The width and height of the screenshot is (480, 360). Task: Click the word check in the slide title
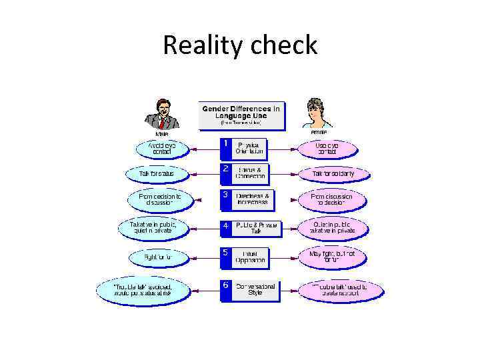(x=285, y=45)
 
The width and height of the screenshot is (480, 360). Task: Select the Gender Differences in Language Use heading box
(x=241, y=115)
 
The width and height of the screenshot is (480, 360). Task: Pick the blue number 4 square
(x=226, y=226)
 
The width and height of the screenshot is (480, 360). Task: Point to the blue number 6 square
(x=226, y=285)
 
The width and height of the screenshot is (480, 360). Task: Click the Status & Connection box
(x=251, y=174)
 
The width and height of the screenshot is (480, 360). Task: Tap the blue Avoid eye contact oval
(x=162, y=148)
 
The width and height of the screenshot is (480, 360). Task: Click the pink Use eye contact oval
(x=327, y=148)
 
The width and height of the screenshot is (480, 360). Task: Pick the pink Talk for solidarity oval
(x=333, y=174)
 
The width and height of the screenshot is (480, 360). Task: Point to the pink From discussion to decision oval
(x=331, y=199)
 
